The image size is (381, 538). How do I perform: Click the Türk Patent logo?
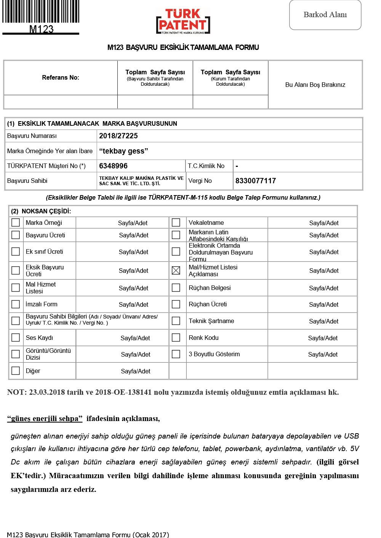[183, 21]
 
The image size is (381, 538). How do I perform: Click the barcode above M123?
[41, 12]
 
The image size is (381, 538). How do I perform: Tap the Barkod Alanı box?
[325, 15]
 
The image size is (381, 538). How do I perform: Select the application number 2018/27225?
[118, 136]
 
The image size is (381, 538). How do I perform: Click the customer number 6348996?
[113, 166]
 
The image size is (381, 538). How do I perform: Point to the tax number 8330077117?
[256, 181]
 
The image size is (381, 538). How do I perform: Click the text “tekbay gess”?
[123, 151]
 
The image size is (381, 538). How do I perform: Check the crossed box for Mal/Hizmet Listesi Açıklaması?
[176, 271]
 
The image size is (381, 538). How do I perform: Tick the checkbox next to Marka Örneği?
[16, 223]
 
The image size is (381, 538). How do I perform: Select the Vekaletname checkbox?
[176, 223]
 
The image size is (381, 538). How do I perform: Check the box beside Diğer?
[16, 371]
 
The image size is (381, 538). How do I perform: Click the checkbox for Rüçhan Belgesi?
[176, 288]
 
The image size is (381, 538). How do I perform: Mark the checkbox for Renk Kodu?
[176, 338]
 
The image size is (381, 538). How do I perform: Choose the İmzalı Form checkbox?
[16, 304]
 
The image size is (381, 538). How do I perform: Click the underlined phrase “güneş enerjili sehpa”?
[45, 419]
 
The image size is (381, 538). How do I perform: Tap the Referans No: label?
[61, 78]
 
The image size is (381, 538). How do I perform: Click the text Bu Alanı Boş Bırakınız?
[315, 85]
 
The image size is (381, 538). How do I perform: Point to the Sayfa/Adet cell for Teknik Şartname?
[324, 321]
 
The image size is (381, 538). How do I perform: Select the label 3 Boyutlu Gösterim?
[214, 354]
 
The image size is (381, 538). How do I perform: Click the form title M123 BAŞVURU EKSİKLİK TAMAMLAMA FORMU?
[183, 48]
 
